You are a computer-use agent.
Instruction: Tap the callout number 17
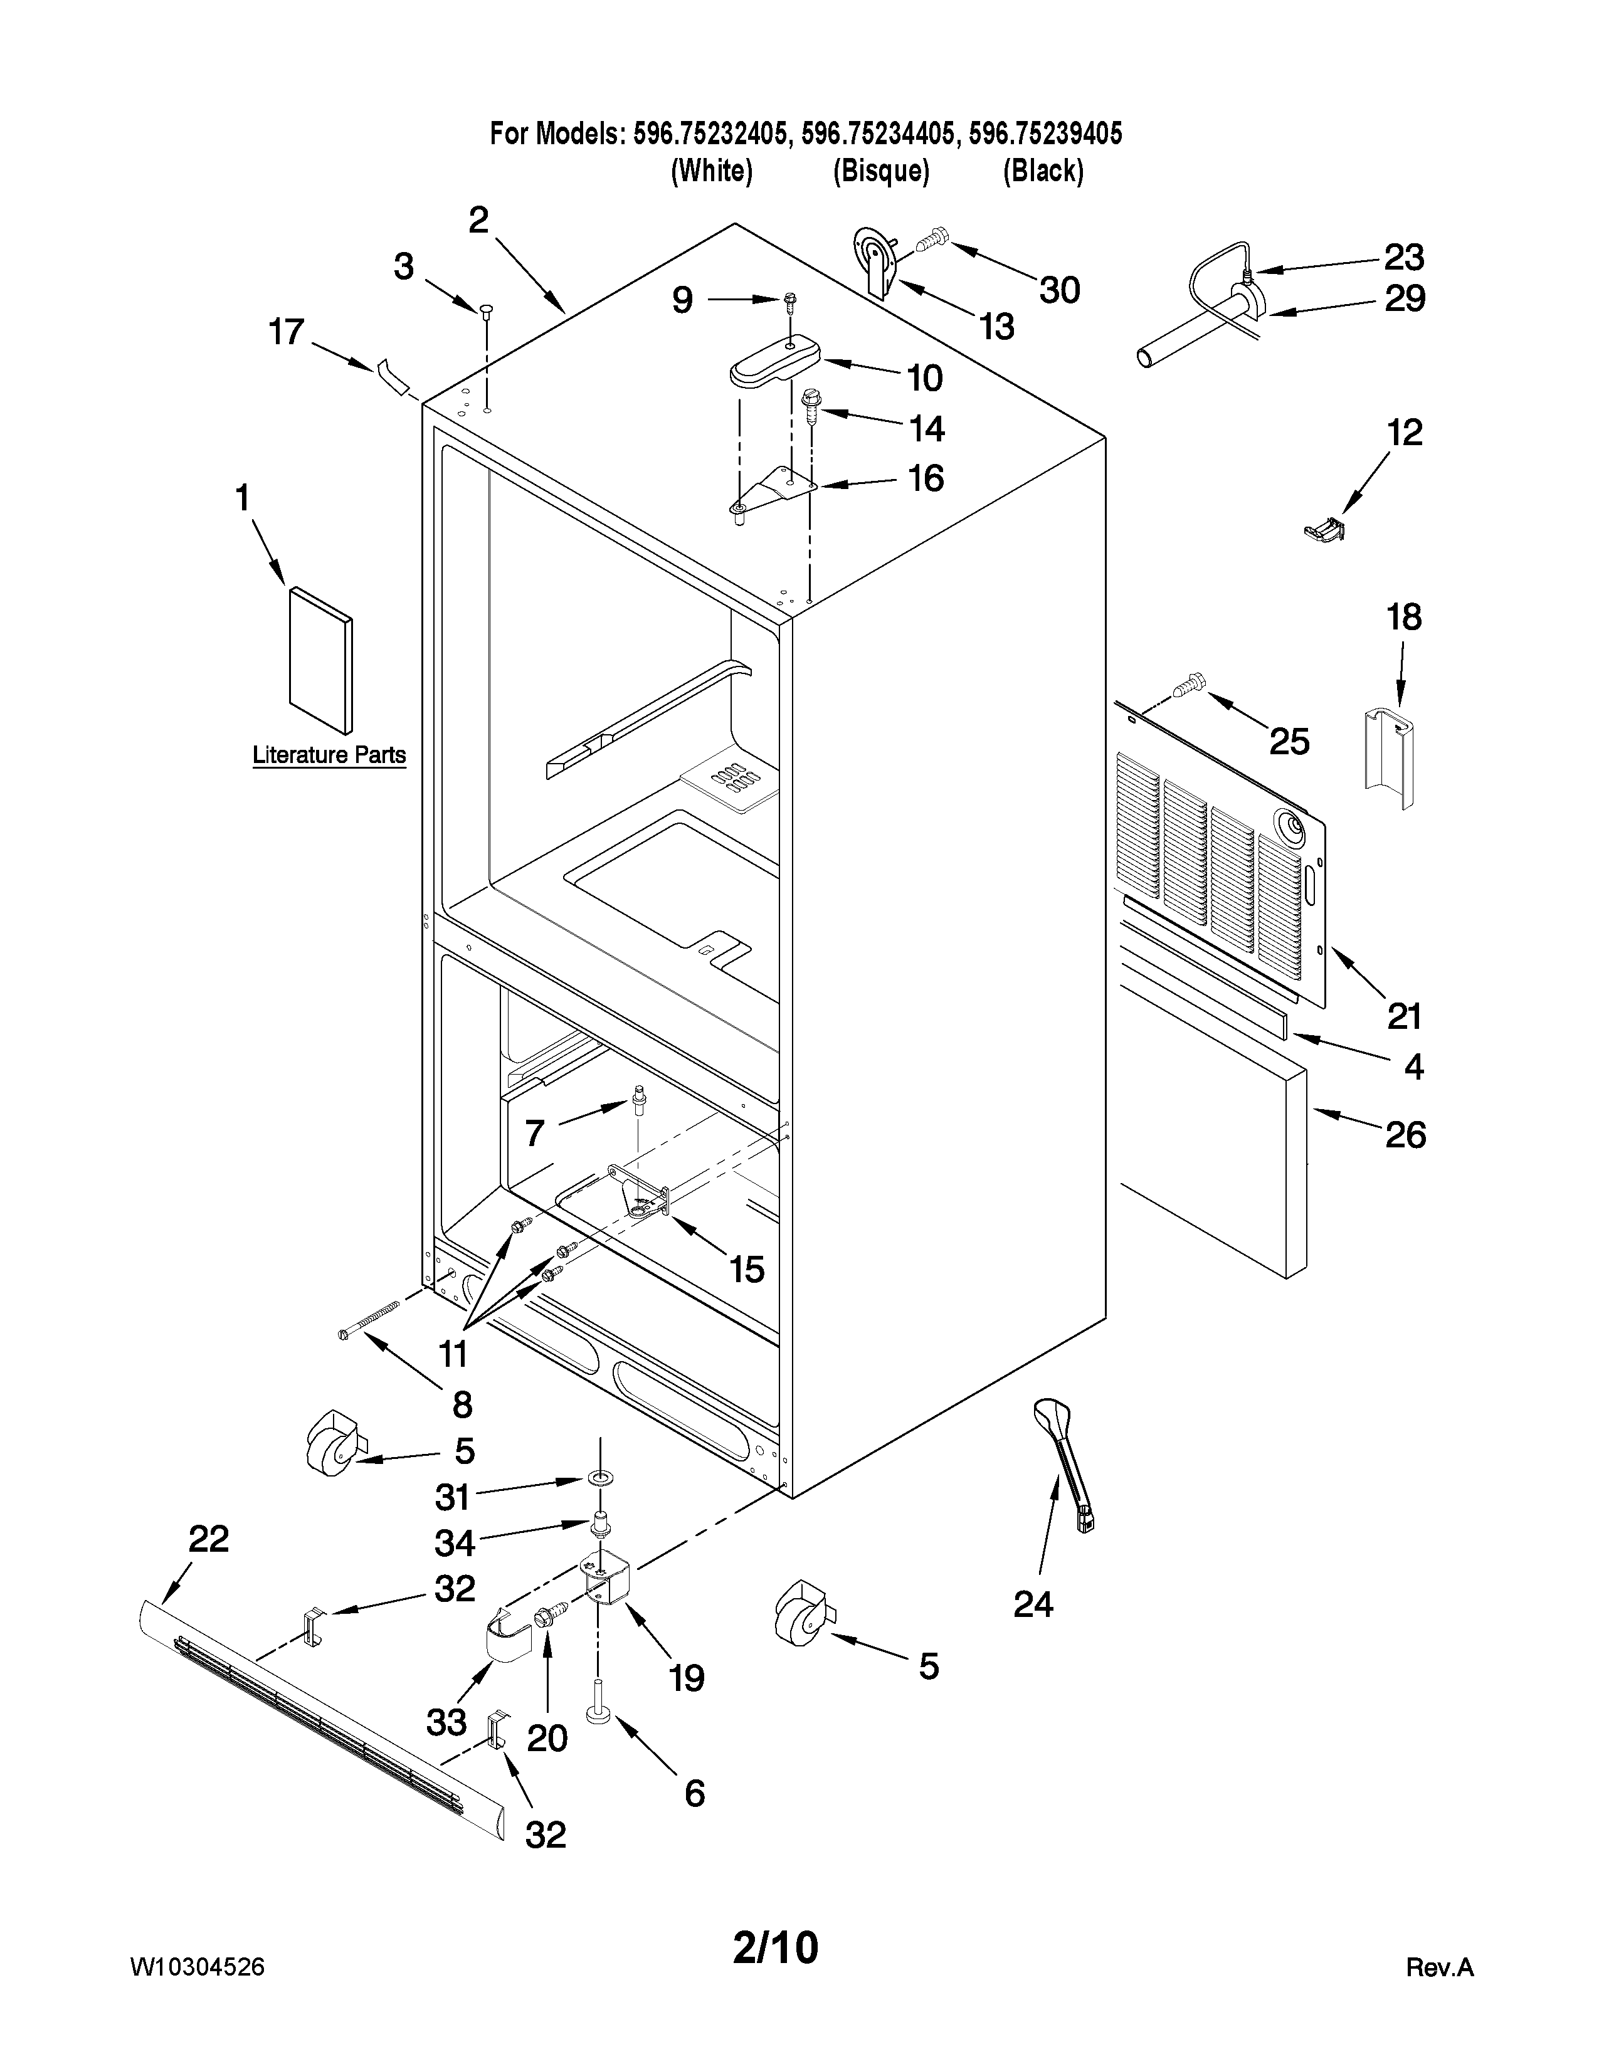pos(286,332)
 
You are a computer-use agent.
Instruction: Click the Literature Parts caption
pos(329,755)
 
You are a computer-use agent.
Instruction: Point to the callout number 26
pos(1405,1134)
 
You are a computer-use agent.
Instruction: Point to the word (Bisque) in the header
pos(881,171)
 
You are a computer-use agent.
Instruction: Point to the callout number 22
pos(208,1539)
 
